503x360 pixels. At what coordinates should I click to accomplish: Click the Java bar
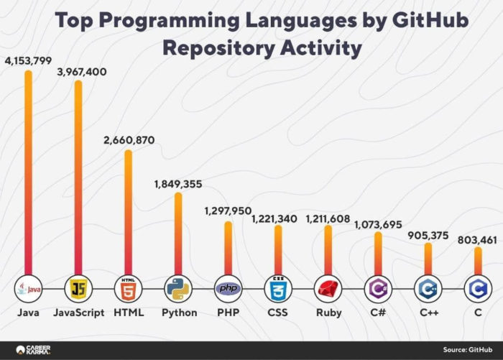tap(28, 172)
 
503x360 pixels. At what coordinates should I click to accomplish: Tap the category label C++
tap(428, 313)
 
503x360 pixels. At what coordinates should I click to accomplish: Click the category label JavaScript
tap(78, 313)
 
